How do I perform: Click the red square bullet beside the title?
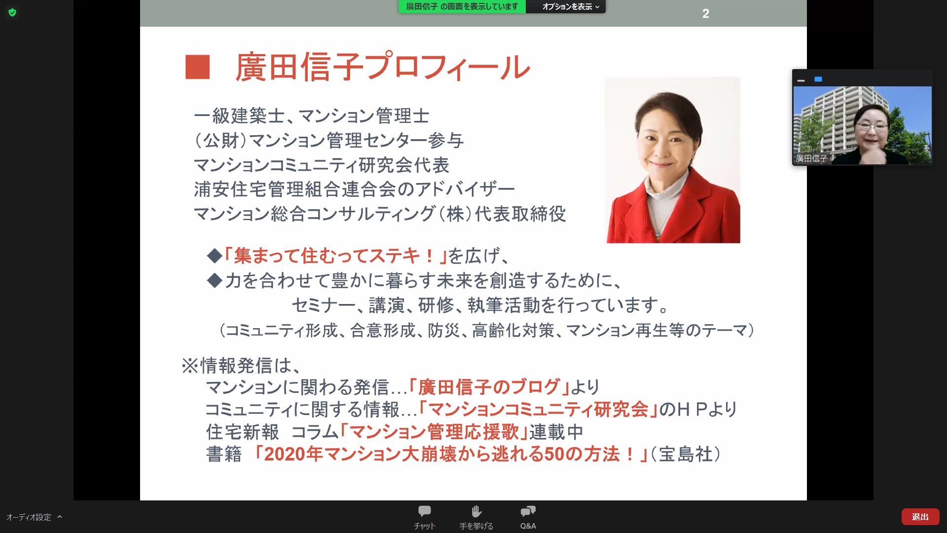[197, 67]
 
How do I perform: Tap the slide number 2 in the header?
[706, 14]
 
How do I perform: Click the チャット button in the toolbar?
[425, 517]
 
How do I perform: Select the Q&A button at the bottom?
[528, 517]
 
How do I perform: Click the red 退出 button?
[920, 517]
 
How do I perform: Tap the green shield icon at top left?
[12, 12]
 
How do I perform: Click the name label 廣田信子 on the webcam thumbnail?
[811, 158]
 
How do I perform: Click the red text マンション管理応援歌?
[435, 432]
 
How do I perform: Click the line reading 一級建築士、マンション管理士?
[312, 116]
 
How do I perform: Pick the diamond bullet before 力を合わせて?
[215, 280]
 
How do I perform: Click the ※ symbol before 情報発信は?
[190, 366]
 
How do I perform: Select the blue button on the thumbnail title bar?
[818, 79]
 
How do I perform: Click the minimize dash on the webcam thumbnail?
[801, 80]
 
